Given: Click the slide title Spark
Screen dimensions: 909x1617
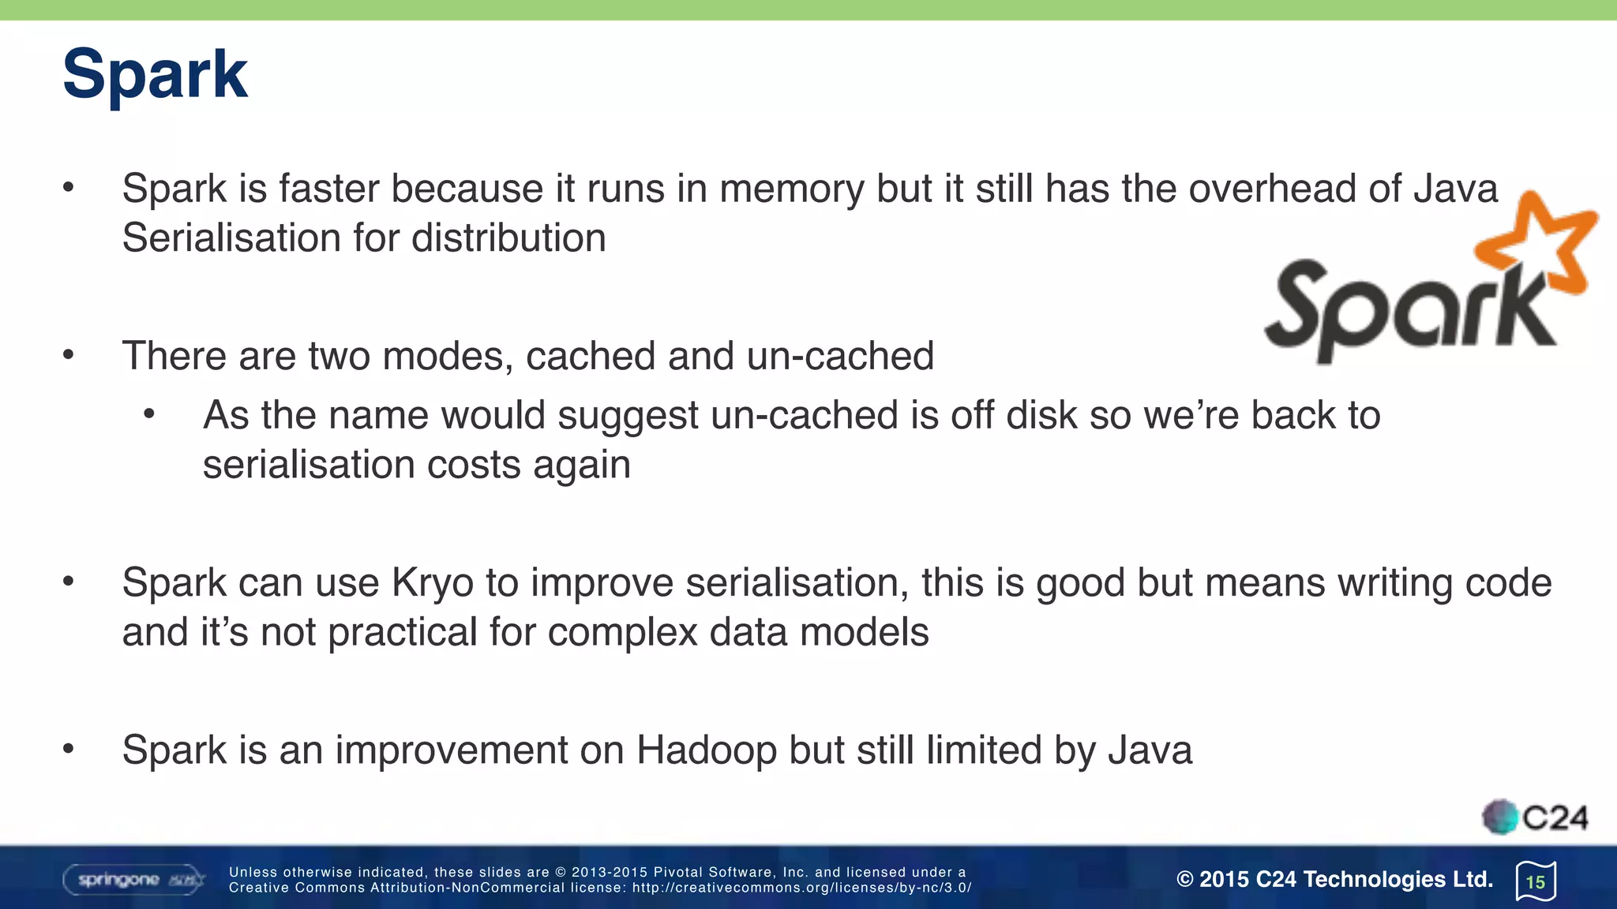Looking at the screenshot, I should [155, 74].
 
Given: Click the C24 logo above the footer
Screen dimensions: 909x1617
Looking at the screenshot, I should [1536, 817].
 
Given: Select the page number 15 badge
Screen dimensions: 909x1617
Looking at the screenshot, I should [1536, 881].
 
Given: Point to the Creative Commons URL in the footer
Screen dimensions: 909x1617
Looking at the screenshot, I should [801, 888].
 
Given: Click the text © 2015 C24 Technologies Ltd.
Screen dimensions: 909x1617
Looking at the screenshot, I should [1334, 879].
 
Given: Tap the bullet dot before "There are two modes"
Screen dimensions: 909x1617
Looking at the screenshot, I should [69, 355].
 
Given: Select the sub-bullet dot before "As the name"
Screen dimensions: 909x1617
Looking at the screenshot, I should [149, 414].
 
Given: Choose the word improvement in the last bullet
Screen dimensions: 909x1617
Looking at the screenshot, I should [451, 750].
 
